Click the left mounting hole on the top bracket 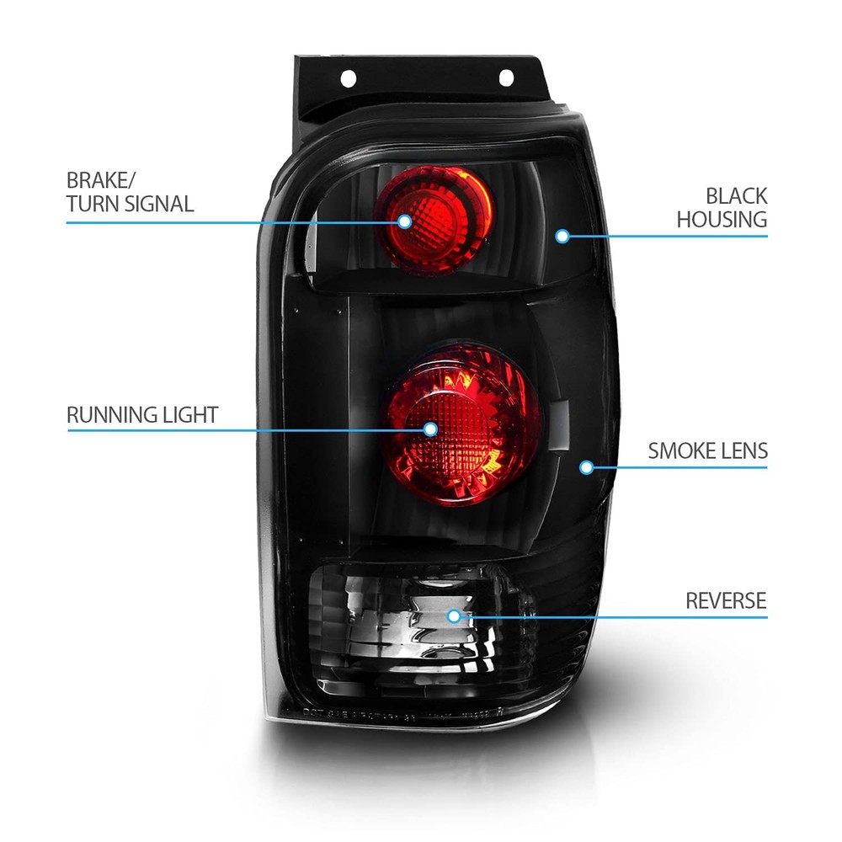click(x=349, y=78)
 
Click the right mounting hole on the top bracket click(x=506, y=77)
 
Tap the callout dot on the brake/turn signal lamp click(x=405, y=221)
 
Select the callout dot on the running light click(x=430, y=429)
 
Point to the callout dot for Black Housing click(x=562, y=236)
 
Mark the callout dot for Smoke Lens click(x=586, y=467)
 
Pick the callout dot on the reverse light click(x=455, y=616)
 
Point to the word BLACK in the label click(x=736, y=196)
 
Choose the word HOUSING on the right click(x=722, y=220)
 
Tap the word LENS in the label click(x=743, y=451)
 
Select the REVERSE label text click(x=726, y=601)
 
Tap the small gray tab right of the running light click(x=559, y=424)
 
